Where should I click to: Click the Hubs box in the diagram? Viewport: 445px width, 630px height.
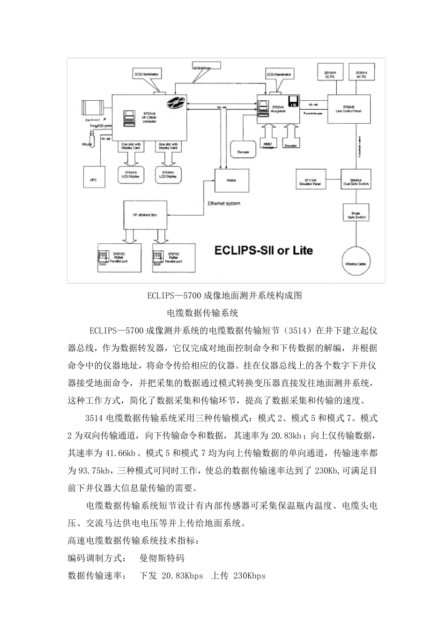(231, 180)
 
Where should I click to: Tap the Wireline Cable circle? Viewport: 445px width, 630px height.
(356, 263)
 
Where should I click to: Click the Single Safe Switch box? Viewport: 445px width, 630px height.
(356, 214)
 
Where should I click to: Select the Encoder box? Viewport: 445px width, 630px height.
(291, 144)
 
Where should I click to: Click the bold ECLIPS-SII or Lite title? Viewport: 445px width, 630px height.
(263, 250)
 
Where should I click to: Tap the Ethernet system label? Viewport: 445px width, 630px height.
(224, 203)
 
